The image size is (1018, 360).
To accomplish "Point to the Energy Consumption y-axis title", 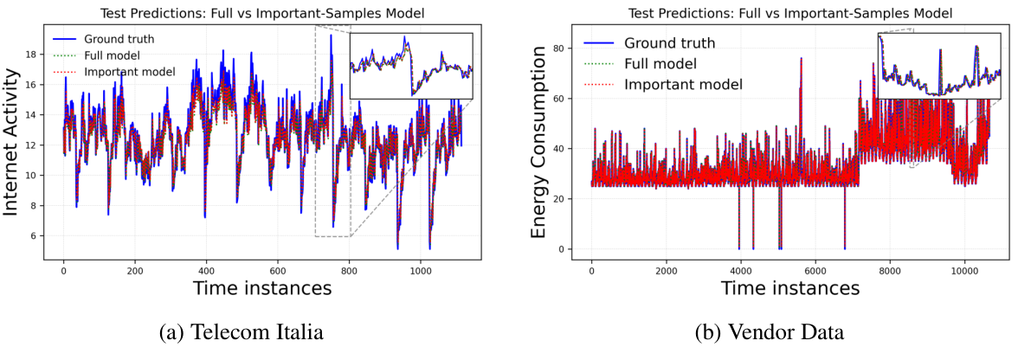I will (x=539, y=142).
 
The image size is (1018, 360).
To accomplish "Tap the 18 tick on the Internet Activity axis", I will (x=33, y=54).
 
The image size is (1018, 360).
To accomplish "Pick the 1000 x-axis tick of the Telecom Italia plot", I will (x=419, y=271).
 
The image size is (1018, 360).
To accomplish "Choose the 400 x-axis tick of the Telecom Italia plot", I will (x=205, y=271).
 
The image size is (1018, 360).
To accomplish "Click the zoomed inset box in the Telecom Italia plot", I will (x=411, y=65).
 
